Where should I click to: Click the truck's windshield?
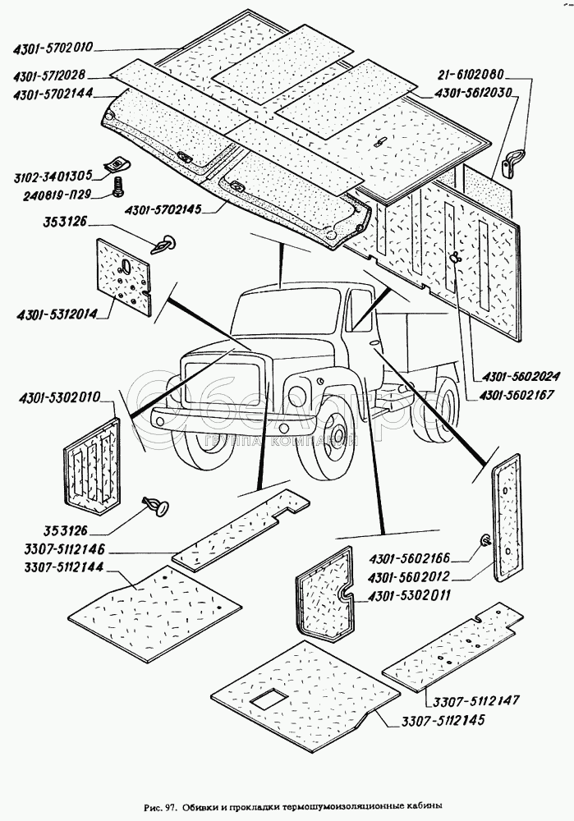tap(282, 316)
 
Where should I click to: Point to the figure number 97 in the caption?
tap(172, 805)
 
